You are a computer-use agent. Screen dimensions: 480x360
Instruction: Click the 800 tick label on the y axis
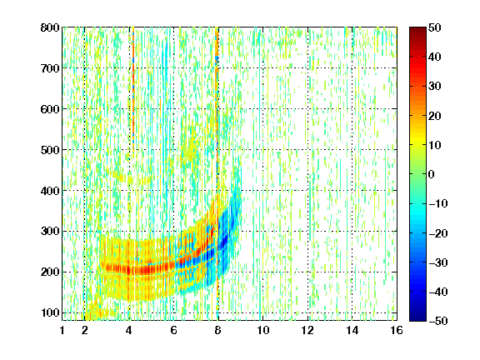click(x=50, y=27)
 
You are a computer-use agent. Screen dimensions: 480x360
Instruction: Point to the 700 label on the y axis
click(x=50, y=68)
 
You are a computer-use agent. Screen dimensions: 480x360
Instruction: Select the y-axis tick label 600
click(x=50, y=109)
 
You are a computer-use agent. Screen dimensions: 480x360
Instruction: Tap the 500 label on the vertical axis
click(x=50, y=150)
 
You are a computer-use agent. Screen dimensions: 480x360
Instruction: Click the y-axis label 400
click(x=50, y=191)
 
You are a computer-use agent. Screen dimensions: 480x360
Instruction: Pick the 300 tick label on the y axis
click(x=50, y=232)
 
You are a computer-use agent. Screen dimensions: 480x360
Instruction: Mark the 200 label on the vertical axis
click(x=50, y=272)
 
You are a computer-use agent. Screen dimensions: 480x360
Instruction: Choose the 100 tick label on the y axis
click(x=50, y=312)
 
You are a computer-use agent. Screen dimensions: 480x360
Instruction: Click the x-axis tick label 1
click(x=62, y=330)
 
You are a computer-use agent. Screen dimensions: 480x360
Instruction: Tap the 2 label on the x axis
click(x=85, y=330)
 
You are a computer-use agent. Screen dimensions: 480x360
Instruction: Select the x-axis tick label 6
click(x=174, y=330)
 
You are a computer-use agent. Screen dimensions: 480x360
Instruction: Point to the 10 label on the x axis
click(x=263, y=330)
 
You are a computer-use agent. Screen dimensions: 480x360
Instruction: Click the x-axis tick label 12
click(x=307, y=330)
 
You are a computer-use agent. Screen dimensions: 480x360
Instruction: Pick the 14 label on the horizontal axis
click(x=352, y=330)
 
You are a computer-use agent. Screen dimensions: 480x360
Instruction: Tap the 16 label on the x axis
click(x=397, y=330)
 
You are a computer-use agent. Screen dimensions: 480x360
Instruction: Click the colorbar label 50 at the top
click(x=434, y=27)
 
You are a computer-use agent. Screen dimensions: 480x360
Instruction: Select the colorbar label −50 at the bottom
click(x=438, y=321)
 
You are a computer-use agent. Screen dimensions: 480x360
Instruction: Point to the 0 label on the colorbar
click(x=432, y=174)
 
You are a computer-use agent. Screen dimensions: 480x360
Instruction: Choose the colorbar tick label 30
click(x=434, y=87)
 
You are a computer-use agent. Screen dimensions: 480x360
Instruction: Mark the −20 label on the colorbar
click(x=438, y=233)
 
